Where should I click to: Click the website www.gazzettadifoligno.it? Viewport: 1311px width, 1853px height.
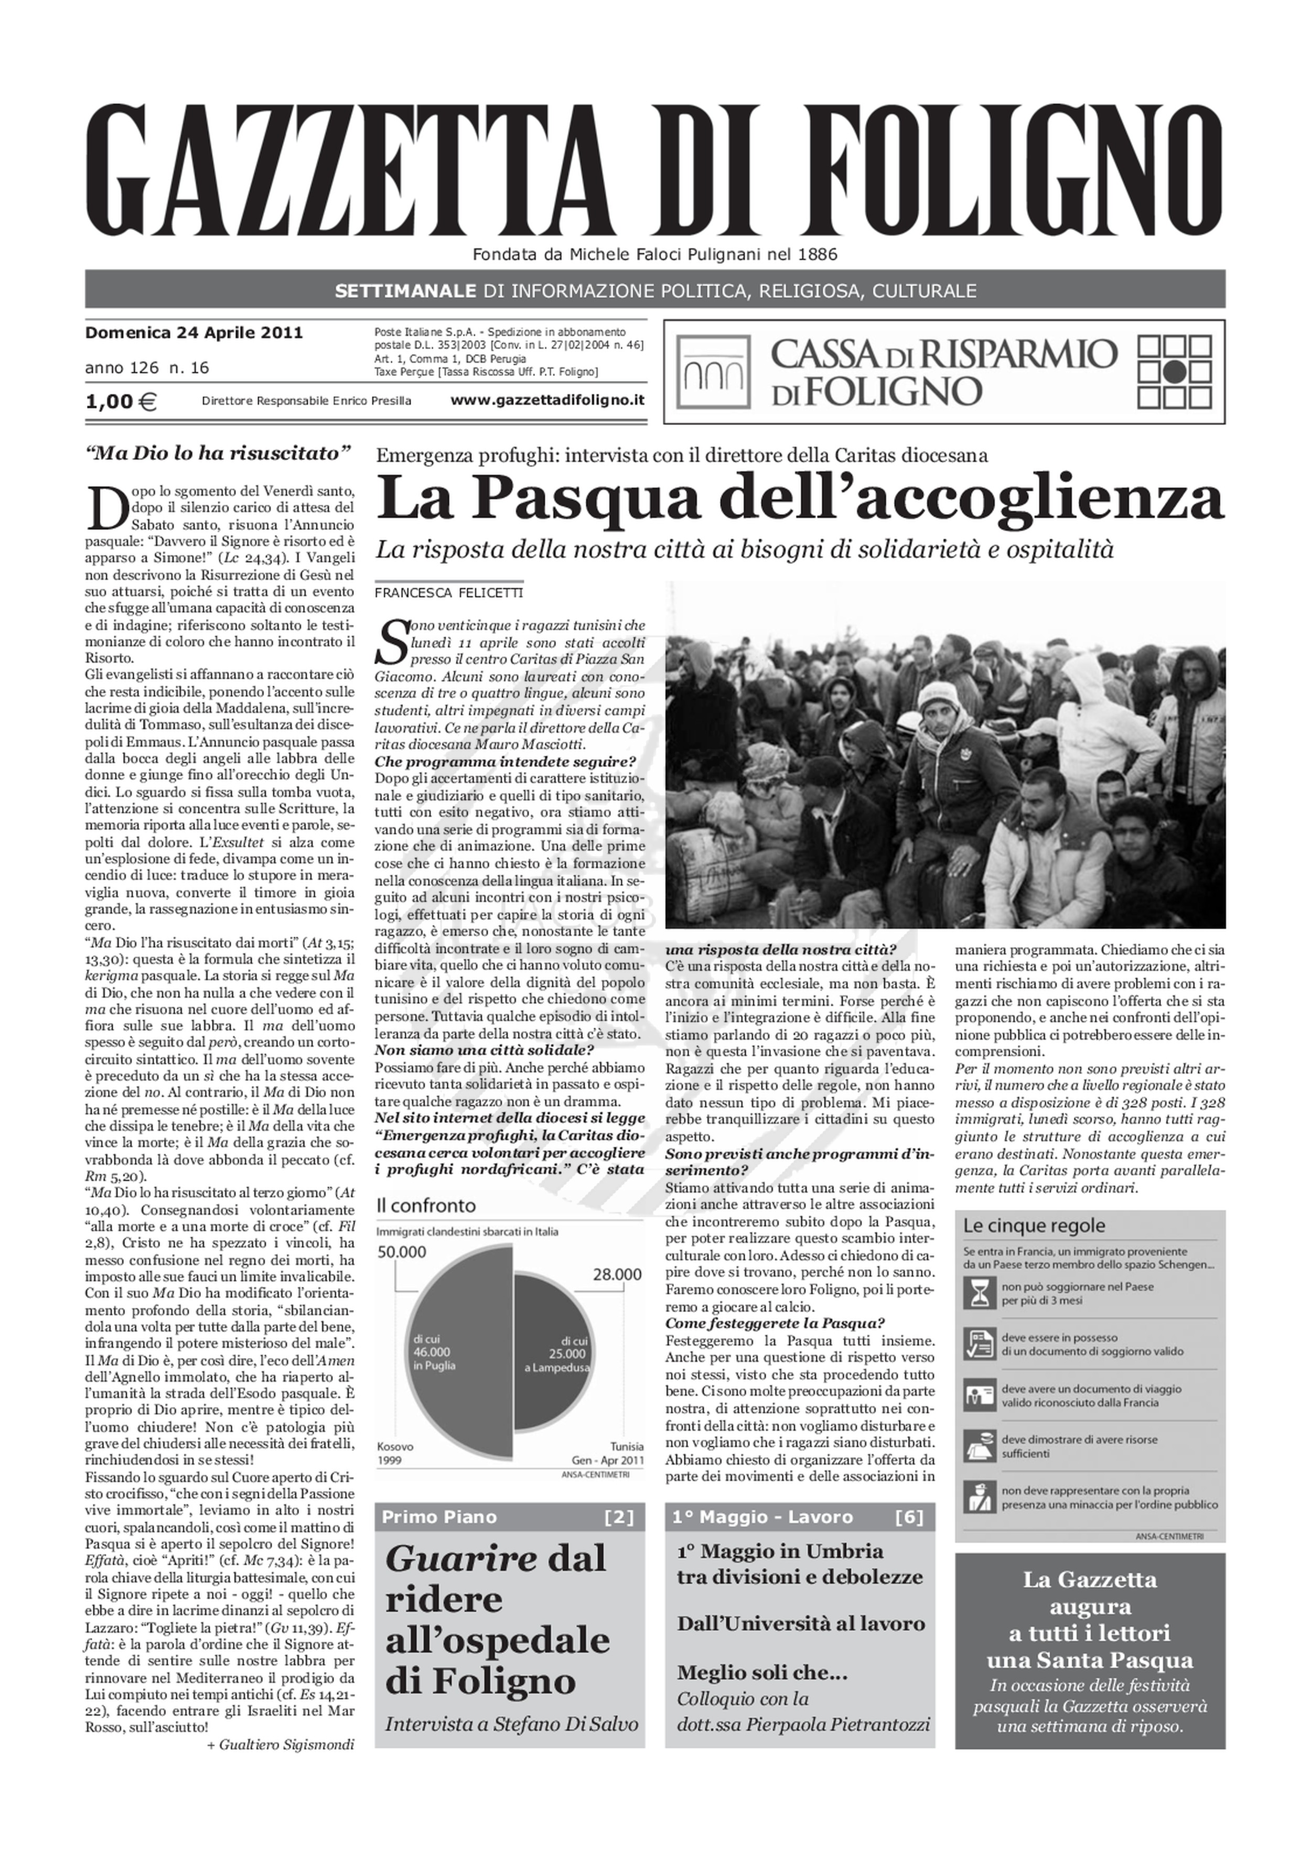tap(547, 400)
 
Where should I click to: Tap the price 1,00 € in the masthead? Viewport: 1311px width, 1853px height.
tap(121, 401)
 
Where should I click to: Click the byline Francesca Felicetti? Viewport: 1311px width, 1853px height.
tap(449, 593)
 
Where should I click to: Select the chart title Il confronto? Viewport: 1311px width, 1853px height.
tap(426, 1206)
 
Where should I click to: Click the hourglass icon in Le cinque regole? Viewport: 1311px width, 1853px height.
tap(979, 1293)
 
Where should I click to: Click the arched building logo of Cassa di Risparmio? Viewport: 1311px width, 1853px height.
tap(713, 372)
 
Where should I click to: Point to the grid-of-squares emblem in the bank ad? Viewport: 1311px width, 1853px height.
tap(1175, 372)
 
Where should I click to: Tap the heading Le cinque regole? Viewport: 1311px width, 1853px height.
tap(1034, 1225)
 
